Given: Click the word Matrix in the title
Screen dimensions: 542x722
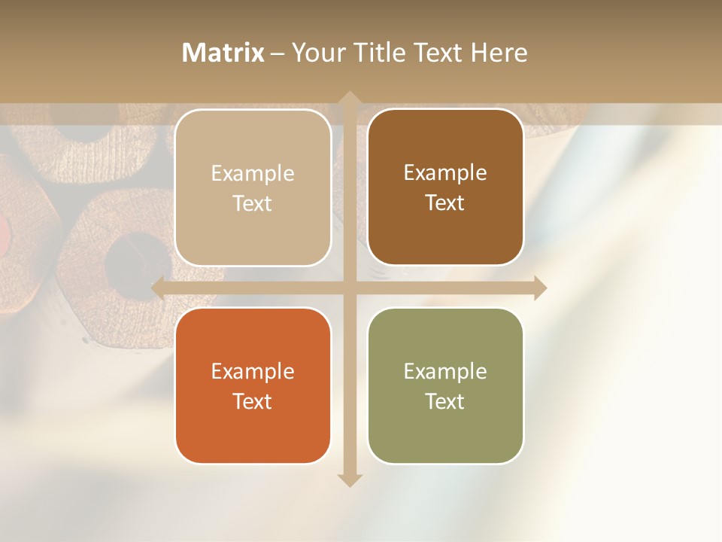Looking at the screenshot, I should pos(223,53).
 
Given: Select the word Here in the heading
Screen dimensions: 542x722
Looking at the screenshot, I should pos(499,53).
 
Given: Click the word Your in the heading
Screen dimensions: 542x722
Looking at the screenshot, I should pos(317,53).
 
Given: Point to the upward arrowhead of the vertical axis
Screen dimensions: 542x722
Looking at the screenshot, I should pos(349,97).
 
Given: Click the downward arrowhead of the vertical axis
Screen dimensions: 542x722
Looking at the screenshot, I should pos(349,480).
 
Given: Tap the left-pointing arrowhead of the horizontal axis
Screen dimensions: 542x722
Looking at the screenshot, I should pos(158,288).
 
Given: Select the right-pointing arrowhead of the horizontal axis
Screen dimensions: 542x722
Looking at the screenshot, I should pos(540,288).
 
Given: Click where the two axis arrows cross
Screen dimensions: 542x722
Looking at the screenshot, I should pos(349,288).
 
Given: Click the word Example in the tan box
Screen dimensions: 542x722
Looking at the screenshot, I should pos(253,174).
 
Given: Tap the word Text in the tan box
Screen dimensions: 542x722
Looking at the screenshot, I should pos(253,204).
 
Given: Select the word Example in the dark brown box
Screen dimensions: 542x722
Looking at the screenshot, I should pos(445,173).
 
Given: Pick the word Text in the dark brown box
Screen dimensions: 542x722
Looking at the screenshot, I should pos(445,203).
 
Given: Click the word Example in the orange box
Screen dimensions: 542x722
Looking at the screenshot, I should pos(253,372).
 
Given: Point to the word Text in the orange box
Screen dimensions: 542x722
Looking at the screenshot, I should pos(253,402).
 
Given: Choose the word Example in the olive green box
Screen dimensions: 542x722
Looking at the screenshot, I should pos(445,372).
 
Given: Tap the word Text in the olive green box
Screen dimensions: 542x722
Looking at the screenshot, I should pos(445,402).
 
